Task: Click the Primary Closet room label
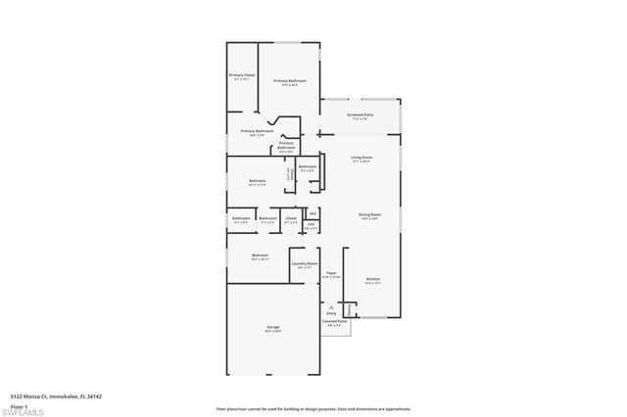pyautogui.click(x=242, y=76)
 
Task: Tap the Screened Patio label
pyautogui.click(x=360, y=115)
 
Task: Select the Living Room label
pyautogui.click(x=362, y=158)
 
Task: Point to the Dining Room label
pyautogui.click(x=369, y=214)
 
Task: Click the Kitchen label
pyautogui.click(x=373, y=280)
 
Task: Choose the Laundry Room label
pyautogui.click(x=305, y=264)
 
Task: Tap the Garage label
pyautogui.click(x=272, y=328)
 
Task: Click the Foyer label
pyautogui.click(x=332, y=274)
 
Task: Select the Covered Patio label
pyautogui.click(x=334, y=321)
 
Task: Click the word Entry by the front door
pyautogui.click(x=331, y=313)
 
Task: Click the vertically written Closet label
pyautogui.click(x=289, y=173)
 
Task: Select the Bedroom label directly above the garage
pyautogui.click(x=259, y=257)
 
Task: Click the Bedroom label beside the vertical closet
pyautogui.click(x=257, y=181)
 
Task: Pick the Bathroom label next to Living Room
pyautogui.click(x=308, y=166)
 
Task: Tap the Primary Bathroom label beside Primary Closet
pyautogui.click(x=290, y=80)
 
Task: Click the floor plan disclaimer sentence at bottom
pyautogui.click(x=313, y=409)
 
